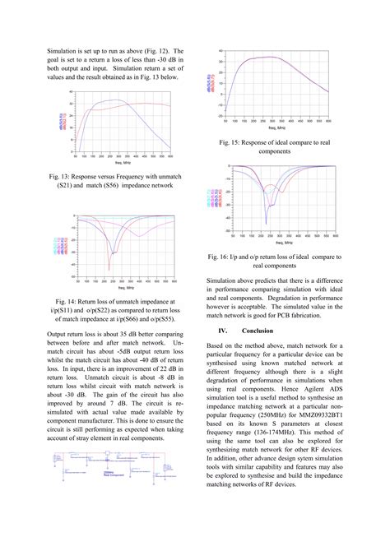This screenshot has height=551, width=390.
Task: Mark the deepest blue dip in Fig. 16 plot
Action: point(265,223)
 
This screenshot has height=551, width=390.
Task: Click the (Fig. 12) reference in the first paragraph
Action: point(160,51)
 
